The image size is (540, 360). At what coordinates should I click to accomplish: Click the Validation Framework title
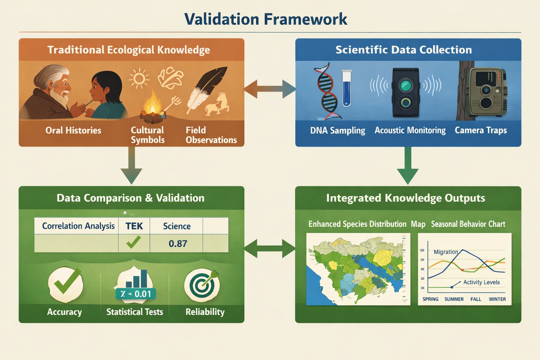point(266,19)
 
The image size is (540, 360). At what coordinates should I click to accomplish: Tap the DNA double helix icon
point(327,91)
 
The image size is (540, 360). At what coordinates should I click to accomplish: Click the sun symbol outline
point(139,78)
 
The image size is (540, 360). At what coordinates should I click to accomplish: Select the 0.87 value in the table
point(178,244)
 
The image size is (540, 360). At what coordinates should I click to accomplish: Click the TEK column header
point(134,226)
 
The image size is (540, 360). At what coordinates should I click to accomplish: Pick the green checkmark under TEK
point(134,242)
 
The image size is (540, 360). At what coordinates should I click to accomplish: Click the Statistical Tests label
point(135,312)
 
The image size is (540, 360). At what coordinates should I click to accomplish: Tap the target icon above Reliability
point(202,285)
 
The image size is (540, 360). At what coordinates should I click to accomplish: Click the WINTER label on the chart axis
point(497,299)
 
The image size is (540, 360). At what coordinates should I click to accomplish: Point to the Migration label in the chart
point(445,252)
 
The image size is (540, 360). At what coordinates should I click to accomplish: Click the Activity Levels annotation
point(481,282)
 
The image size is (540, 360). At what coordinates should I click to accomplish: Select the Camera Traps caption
point(481,130)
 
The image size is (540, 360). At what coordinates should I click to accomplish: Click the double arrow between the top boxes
point(270,89)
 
